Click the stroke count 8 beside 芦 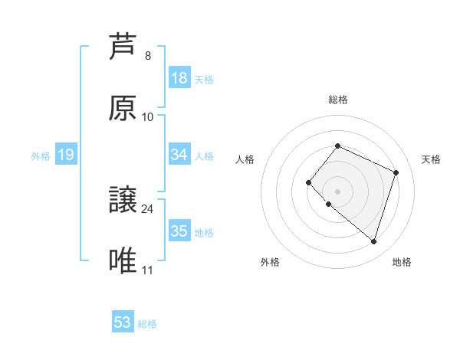coord(147,56)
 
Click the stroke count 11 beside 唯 coord(147,270)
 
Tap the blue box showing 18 coord(179,78)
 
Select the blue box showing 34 coord(179,155)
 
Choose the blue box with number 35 coord(179,231)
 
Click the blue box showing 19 coord(66,155)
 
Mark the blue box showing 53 coord(123,322)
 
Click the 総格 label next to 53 coord(147,324)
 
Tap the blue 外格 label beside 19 coord(41,156)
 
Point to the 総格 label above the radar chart coord(338,100)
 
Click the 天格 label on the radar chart coord(432,159)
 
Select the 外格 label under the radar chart coord(270,262)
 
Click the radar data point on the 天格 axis coord(396,172)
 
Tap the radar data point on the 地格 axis coord(373,241)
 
